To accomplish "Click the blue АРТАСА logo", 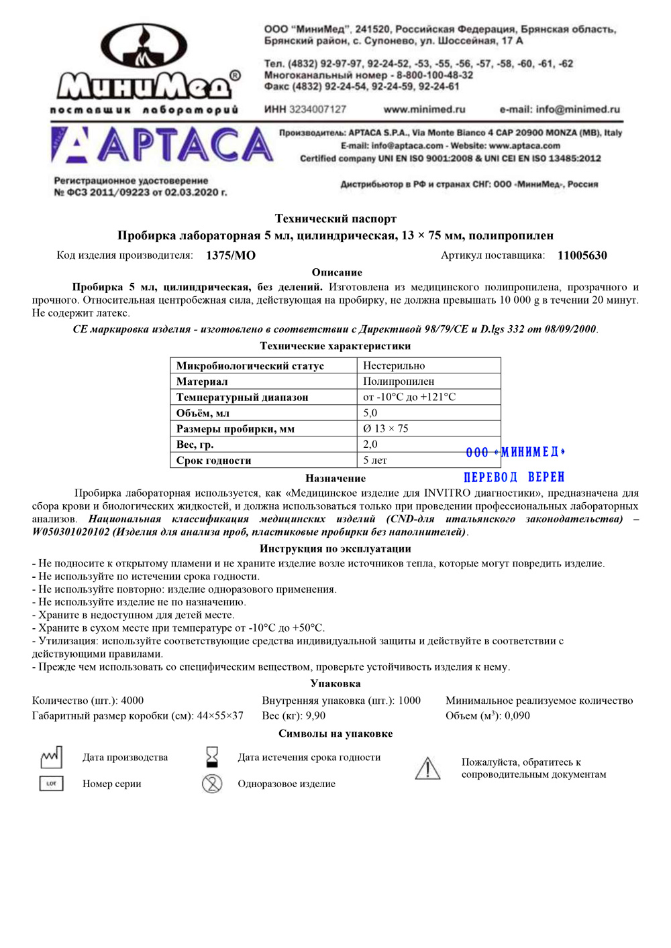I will (x=162, y=145).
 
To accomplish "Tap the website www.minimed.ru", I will (x=424, y=109).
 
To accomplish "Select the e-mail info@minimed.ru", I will (x=560, y=109).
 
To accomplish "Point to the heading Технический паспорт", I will (x=335, y=219).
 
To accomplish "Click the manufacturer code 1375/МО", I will (x=231, y=255).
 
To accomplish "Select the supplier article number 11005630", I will (x=582, y=255).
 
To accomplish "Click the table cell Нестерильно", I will (x=394, y=366).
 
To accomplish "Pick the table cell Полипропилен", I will (x=399, y=381).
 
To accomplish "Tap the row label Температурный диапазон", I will (x=242, y=398).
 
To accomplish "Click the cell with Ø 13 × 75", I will (x=386, y=428).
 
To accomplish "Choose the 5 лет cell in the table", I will (x=375, y=461).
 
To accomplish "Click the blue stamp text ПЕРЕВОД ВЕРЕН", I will (x=514, y=477).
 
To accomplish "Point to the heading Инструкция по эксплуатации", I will (x=335, y=548).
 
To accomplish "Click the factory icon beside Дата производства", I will (x=52, y=758).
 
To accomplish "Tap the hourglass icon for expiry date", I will (x=212, y=757).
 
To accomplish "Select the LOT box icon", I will (x=52, y=783).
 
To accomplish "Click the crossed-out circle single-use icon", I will (x=212, y=783).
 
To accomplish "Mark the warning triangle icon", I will (x=427, y=768).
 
